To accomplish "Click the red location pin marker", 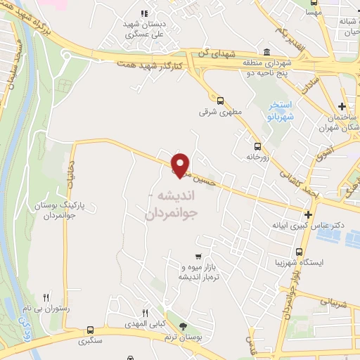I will [x=180, y=165].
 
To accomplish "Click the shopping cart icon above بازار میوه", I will [x=200, y=256].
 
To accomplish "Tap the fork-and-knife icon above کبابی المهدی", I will [x=145, y=312].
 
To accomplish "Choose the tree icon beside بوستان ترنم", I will [x=184, y=326].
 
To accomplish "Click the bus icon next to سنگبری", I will [x=90, y=330].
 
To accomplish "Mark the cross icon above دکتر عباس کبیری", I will [x=308, y=214].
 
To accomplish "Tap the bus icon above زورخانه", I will [x=257, y=147].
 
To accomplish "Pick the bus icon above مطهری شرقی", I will [x=221, y=101].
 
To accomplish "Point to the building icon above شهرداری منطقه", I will [x=266, y=52].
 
